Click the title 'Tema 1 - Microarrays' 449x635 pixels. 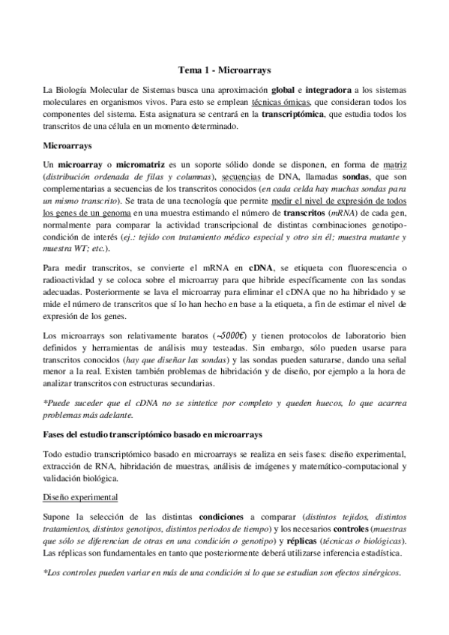click(224, 67)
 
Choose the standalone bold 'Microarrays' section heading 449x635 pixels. click(67, 142)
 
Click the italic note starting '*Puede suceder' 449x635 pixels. click(224, 408)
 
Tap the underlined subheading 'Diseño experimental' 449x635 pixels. click(79, 496)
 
